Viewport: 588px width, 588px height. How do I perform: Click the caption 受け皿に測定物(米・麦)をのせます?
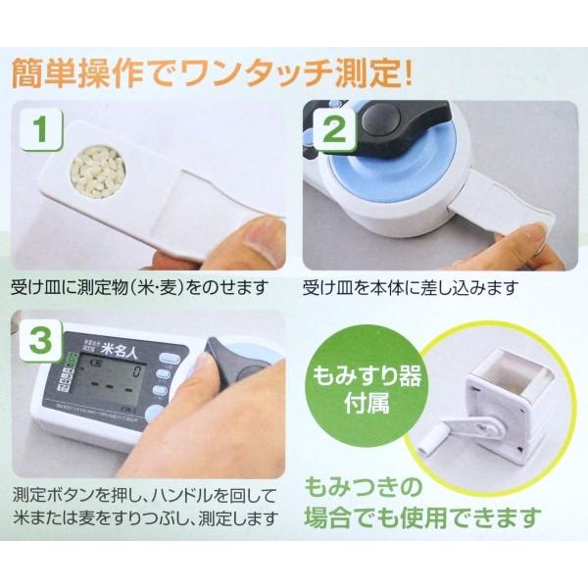click(x=147, y=289)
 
